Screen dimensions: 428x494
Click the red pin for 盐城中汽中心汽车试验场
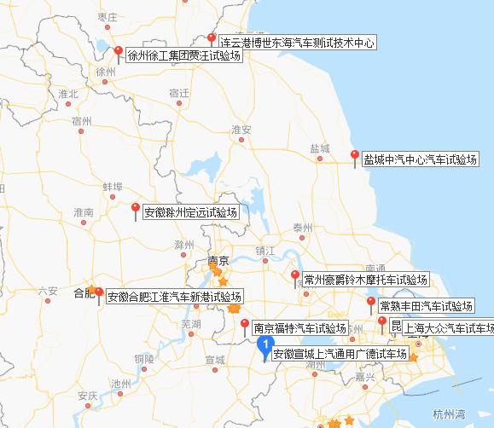click(x=355, y=156)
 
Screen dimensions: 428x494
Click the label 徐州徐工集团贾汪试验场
click(x=183, y=56)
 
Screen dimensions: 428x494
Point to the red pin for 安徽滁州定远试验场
click(x=136, y=208)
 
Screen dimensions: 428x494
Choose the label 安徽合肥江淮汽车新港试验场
click(x=175, y=297)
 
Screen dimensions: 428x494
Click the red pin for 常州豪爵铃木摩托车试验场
click(x=295, y=277)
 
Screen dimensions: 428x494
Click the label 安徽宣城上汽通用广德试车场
click(x=339, y=353)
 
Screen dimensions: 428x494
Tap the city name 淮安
click(x=242, y=130)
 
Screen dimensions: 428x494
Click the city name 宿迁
click(x=179, y=93)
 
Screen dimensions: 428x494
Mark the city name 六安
click(x=48, y=292)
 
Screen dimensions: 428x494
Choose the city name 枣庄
click(x=108, y=17)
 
